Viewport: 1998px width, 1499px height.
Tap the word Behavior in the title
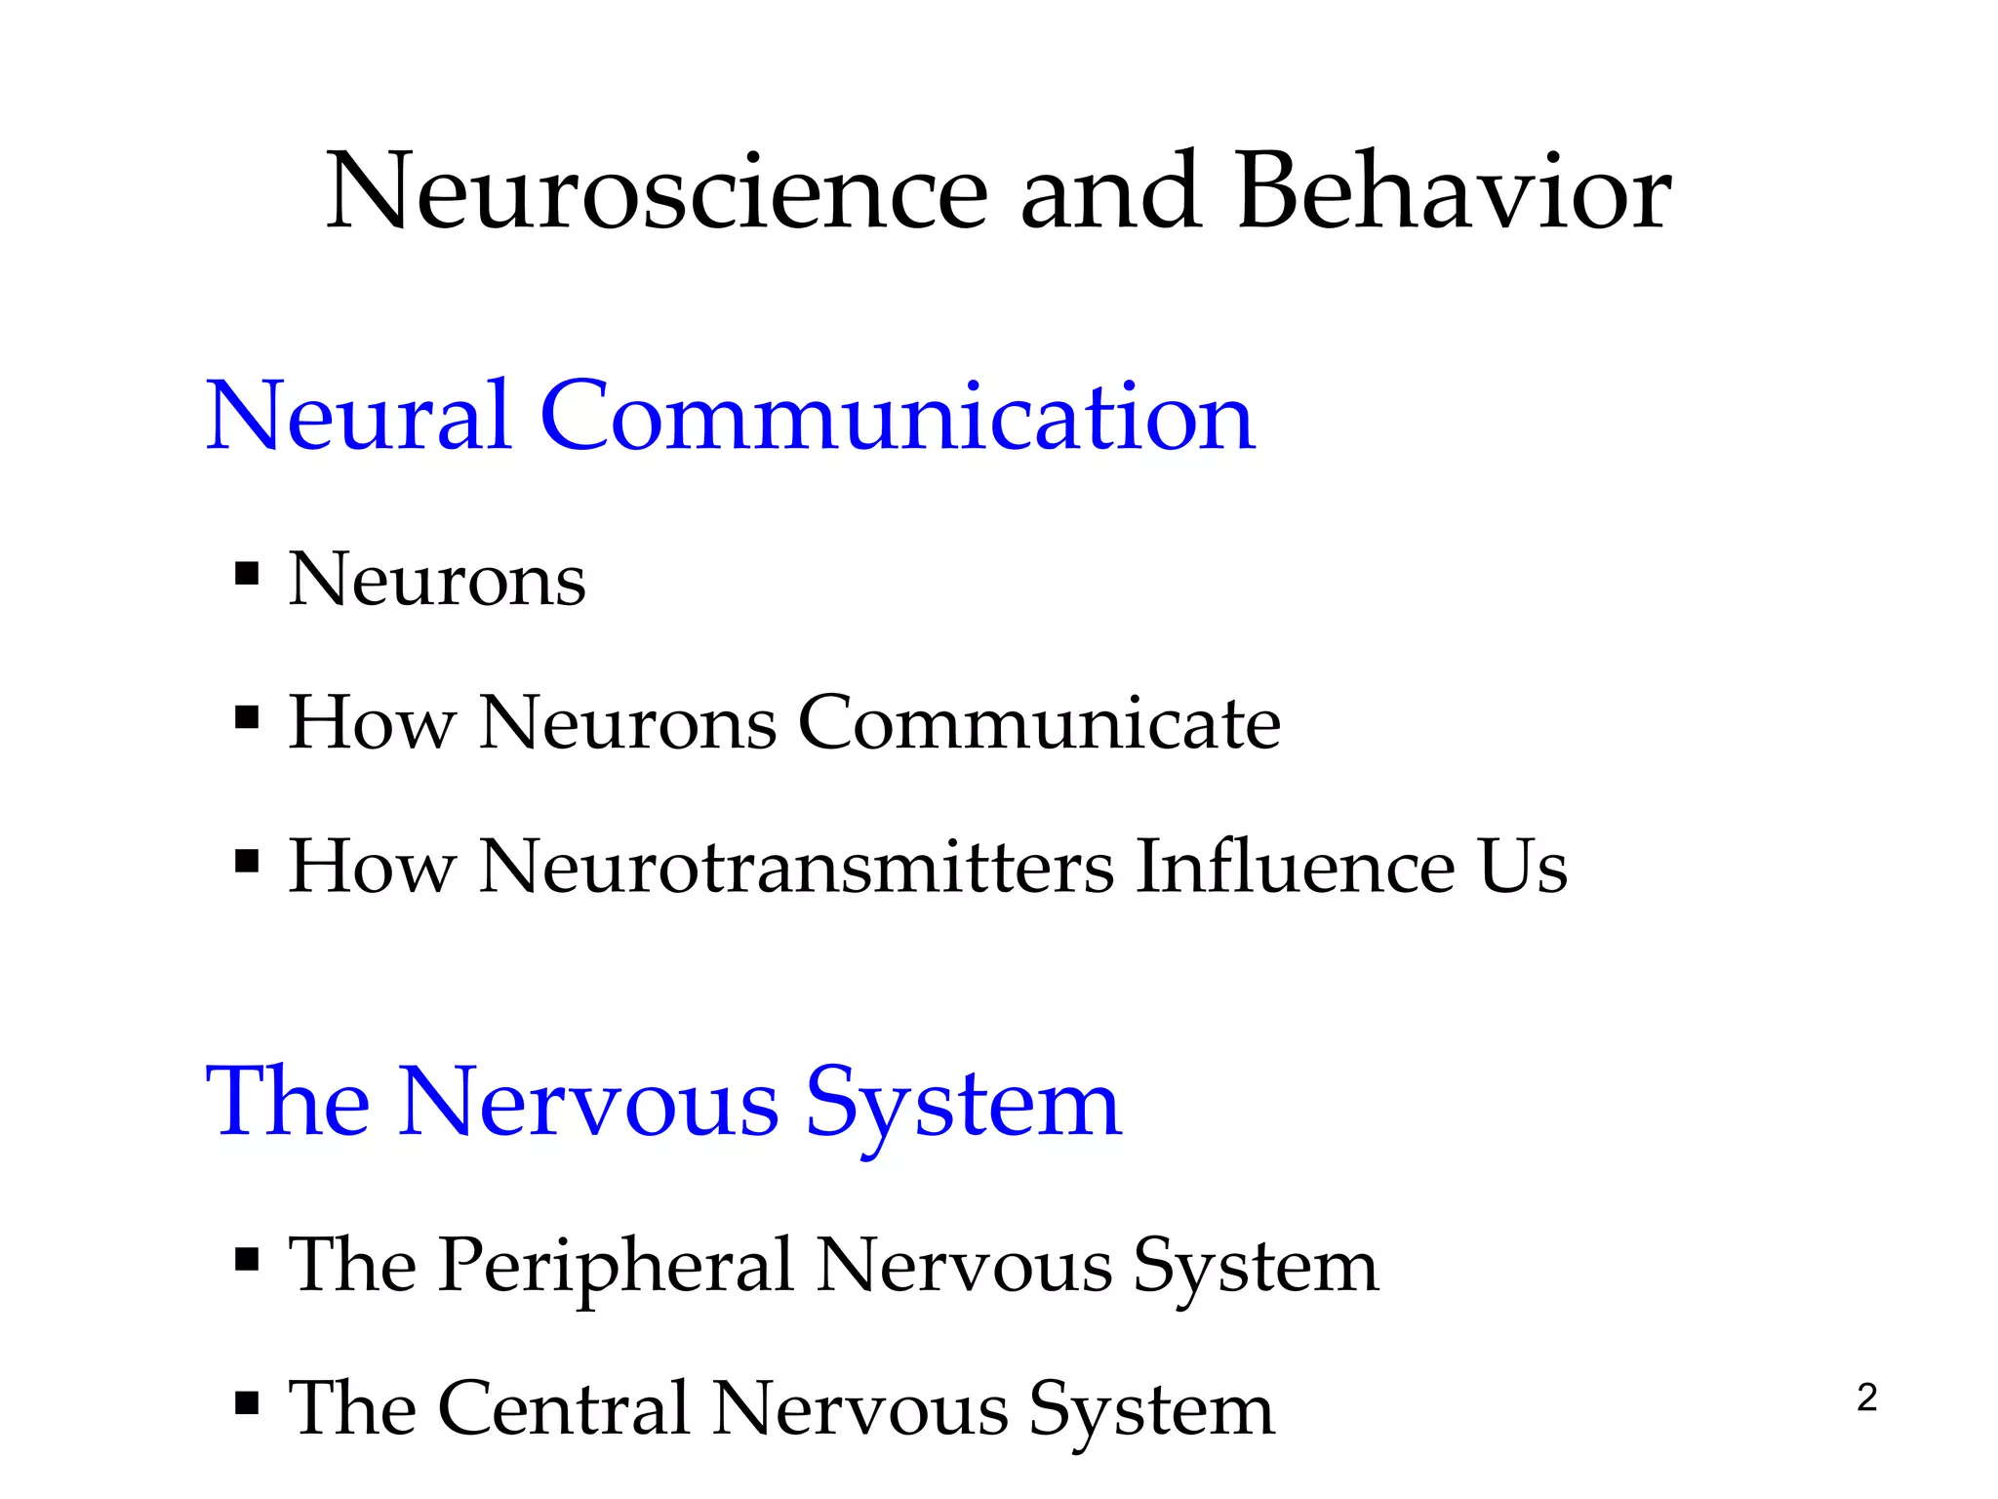point(1454,192)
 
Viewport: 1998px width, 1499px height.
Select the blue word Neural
point(358,417)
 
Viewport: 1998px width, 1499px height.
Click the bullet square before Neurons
point(247,573)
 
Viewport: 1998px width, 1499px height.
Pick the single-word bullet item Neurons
point(437,580)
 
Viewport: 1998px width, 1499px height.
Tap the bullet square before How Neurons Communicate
point(247,718)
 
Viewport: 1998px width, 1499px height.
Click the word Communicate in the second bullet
point(1039,723)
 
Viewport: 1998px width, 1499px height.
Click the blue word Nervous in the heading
point(588,1103)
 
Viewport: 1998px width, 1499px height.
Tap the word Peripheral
point(615,1266)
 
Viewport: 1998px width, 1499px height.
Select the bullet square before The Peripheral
point(247,1259)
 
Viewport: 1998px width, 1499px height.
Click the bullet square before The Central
point(247,1403)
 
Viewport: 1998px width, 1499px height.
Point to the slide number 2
point(1866,1398)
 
